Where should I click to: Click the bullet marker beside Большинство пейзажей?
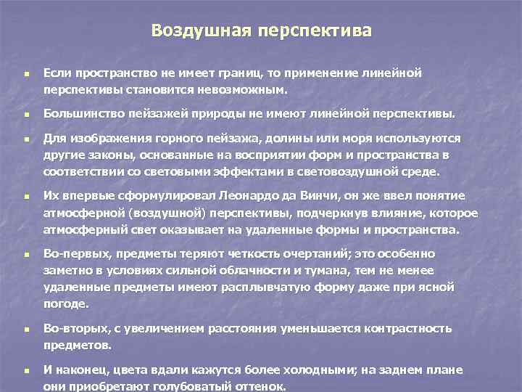point(25,115)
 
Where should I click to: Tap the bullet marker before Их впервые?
point(25,197)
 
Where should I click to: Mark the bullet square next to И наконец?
point(25,370)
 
